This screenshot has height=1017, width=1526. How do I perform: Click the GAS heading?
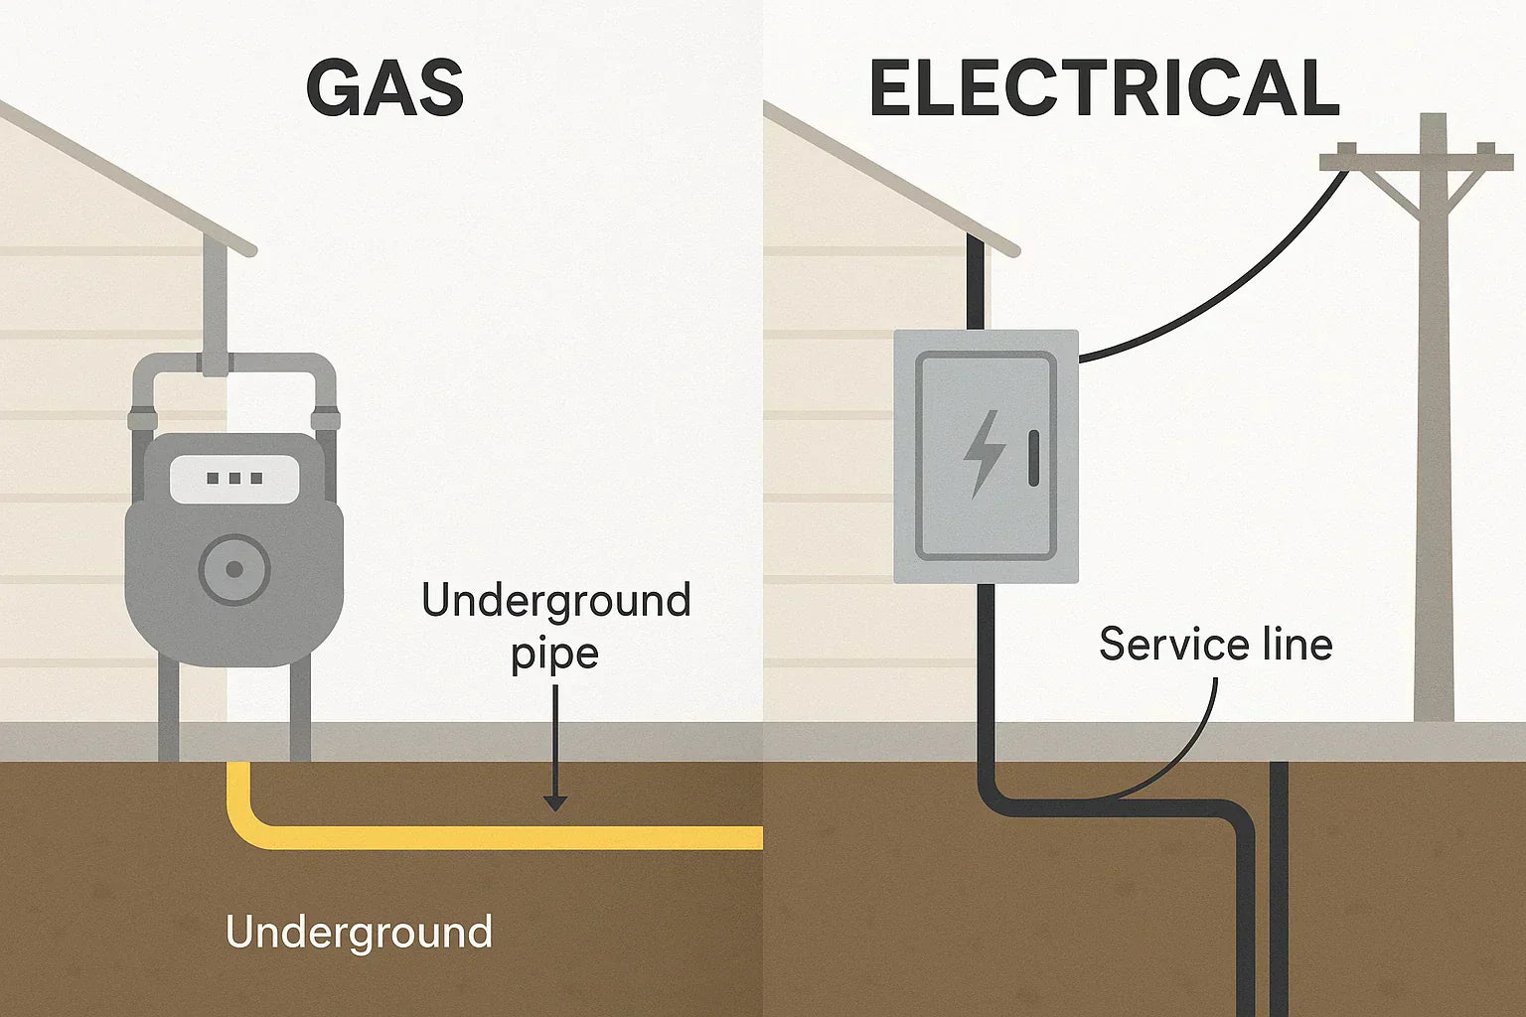click(384, 88)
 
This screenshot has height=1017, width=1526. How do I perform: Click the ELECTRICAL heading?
click(1104, 88)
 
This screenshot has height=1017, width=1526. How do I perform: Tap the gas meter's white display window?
click(234, 479)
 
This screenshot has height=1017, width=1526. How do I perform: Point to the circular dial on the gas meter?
click(234, 569)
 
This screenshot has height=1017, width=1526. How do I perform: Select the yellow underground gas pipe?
click(497, 837)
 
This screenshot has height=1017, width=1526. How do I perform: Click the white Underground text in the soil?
click(359, 933)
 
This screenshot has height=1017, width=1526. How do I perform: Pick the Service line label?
click(1215, 645)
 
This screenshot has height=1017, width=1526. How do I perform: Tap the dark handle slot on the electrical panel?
click(1034, 458)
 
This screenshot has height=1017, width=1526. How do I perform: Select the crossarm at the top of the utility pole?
click(1416, 160)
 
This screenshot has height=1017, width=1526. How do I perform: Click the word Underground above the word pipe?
click(555, 602)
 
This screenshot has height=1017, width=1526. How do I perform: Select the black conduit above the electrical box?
click(977, 288)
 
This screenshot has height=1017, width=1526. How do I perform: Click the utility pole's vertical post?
click(1433, 447)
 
